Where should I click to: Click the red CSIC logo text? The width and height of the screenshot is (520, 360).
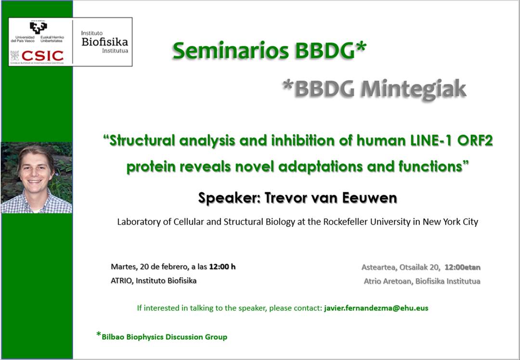(42, 56)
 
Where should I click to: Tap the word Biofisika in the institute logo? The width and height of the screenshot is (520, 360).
(104, 42)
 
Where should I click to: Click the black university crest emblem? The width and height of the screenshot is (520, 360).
(39, 27)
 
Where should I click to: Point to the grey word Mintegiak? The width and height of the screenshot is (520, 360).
(413, 89)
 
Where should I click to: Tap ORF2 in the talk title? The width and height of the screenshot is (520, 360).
(475, 141)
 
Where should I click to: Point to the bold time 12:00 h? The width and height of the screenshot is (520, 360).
(222, 267)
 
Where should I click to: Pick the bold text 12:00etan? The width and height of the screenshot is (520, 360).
(463, 267)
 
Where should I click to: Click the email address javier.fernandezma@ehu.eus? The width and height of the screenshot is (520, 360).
(376, 308)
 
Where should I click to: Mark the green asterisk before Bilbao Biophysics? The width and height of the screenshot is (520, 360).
(99, 334)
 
